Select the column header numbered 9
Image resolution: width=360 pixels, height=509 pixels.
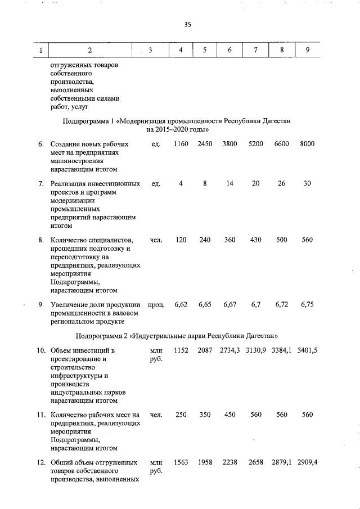(307, 51)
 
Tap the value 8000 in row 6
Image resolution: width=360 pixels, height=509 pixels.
(307, 144)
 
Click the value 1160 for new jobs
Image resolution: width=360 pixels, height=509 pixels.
(181, 144)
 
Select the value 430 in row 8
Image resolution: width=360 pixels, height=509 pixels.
(255, 240)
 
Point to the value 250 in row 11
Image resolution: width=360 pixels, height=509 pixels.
(181, 415)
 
